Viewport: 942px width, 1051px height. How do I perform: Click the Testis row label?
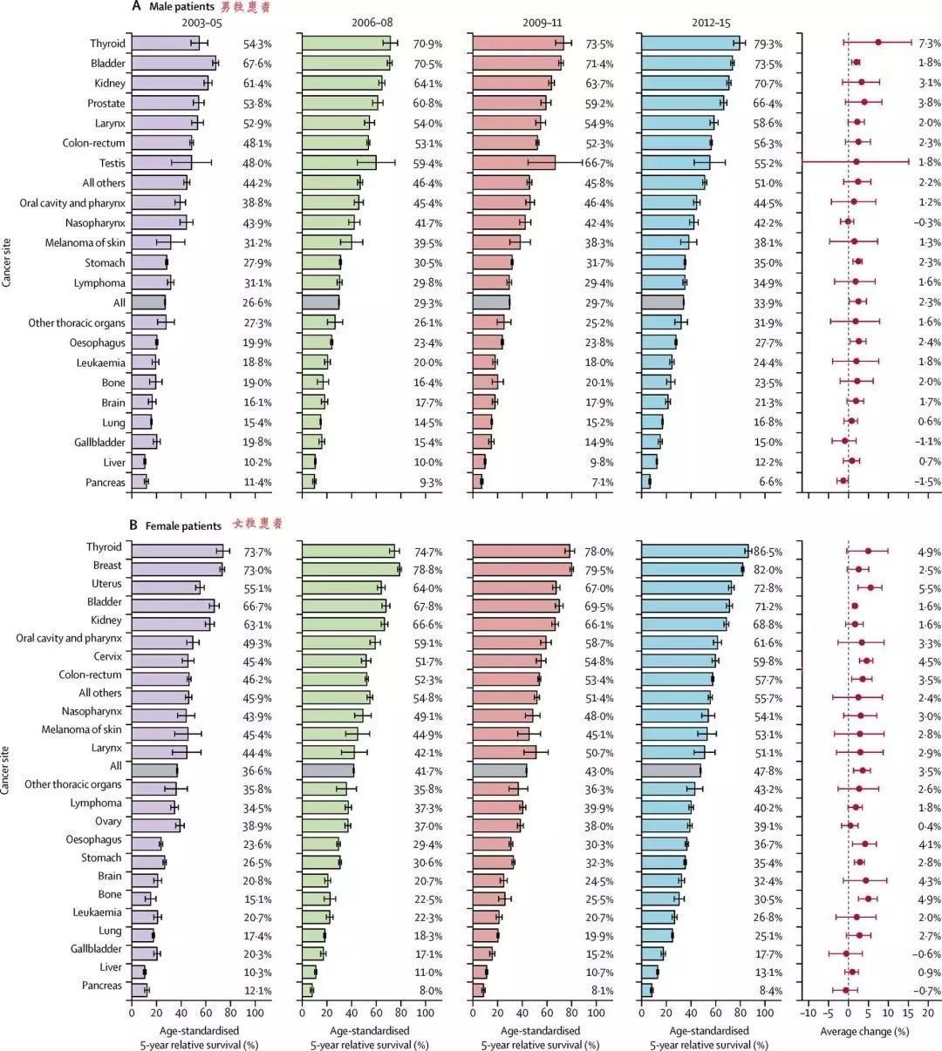107,163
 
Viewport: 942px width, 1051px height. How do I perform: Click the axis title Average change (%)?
863,1031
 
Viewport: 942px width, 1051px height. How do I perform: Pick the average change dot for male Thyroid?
878,42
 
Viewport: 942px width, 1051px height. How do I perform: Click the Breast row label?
106,566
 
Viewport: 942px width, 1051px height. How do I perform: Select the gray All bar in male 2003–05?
147,302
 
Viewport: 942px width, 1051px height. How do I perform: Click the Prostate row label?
106,103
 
